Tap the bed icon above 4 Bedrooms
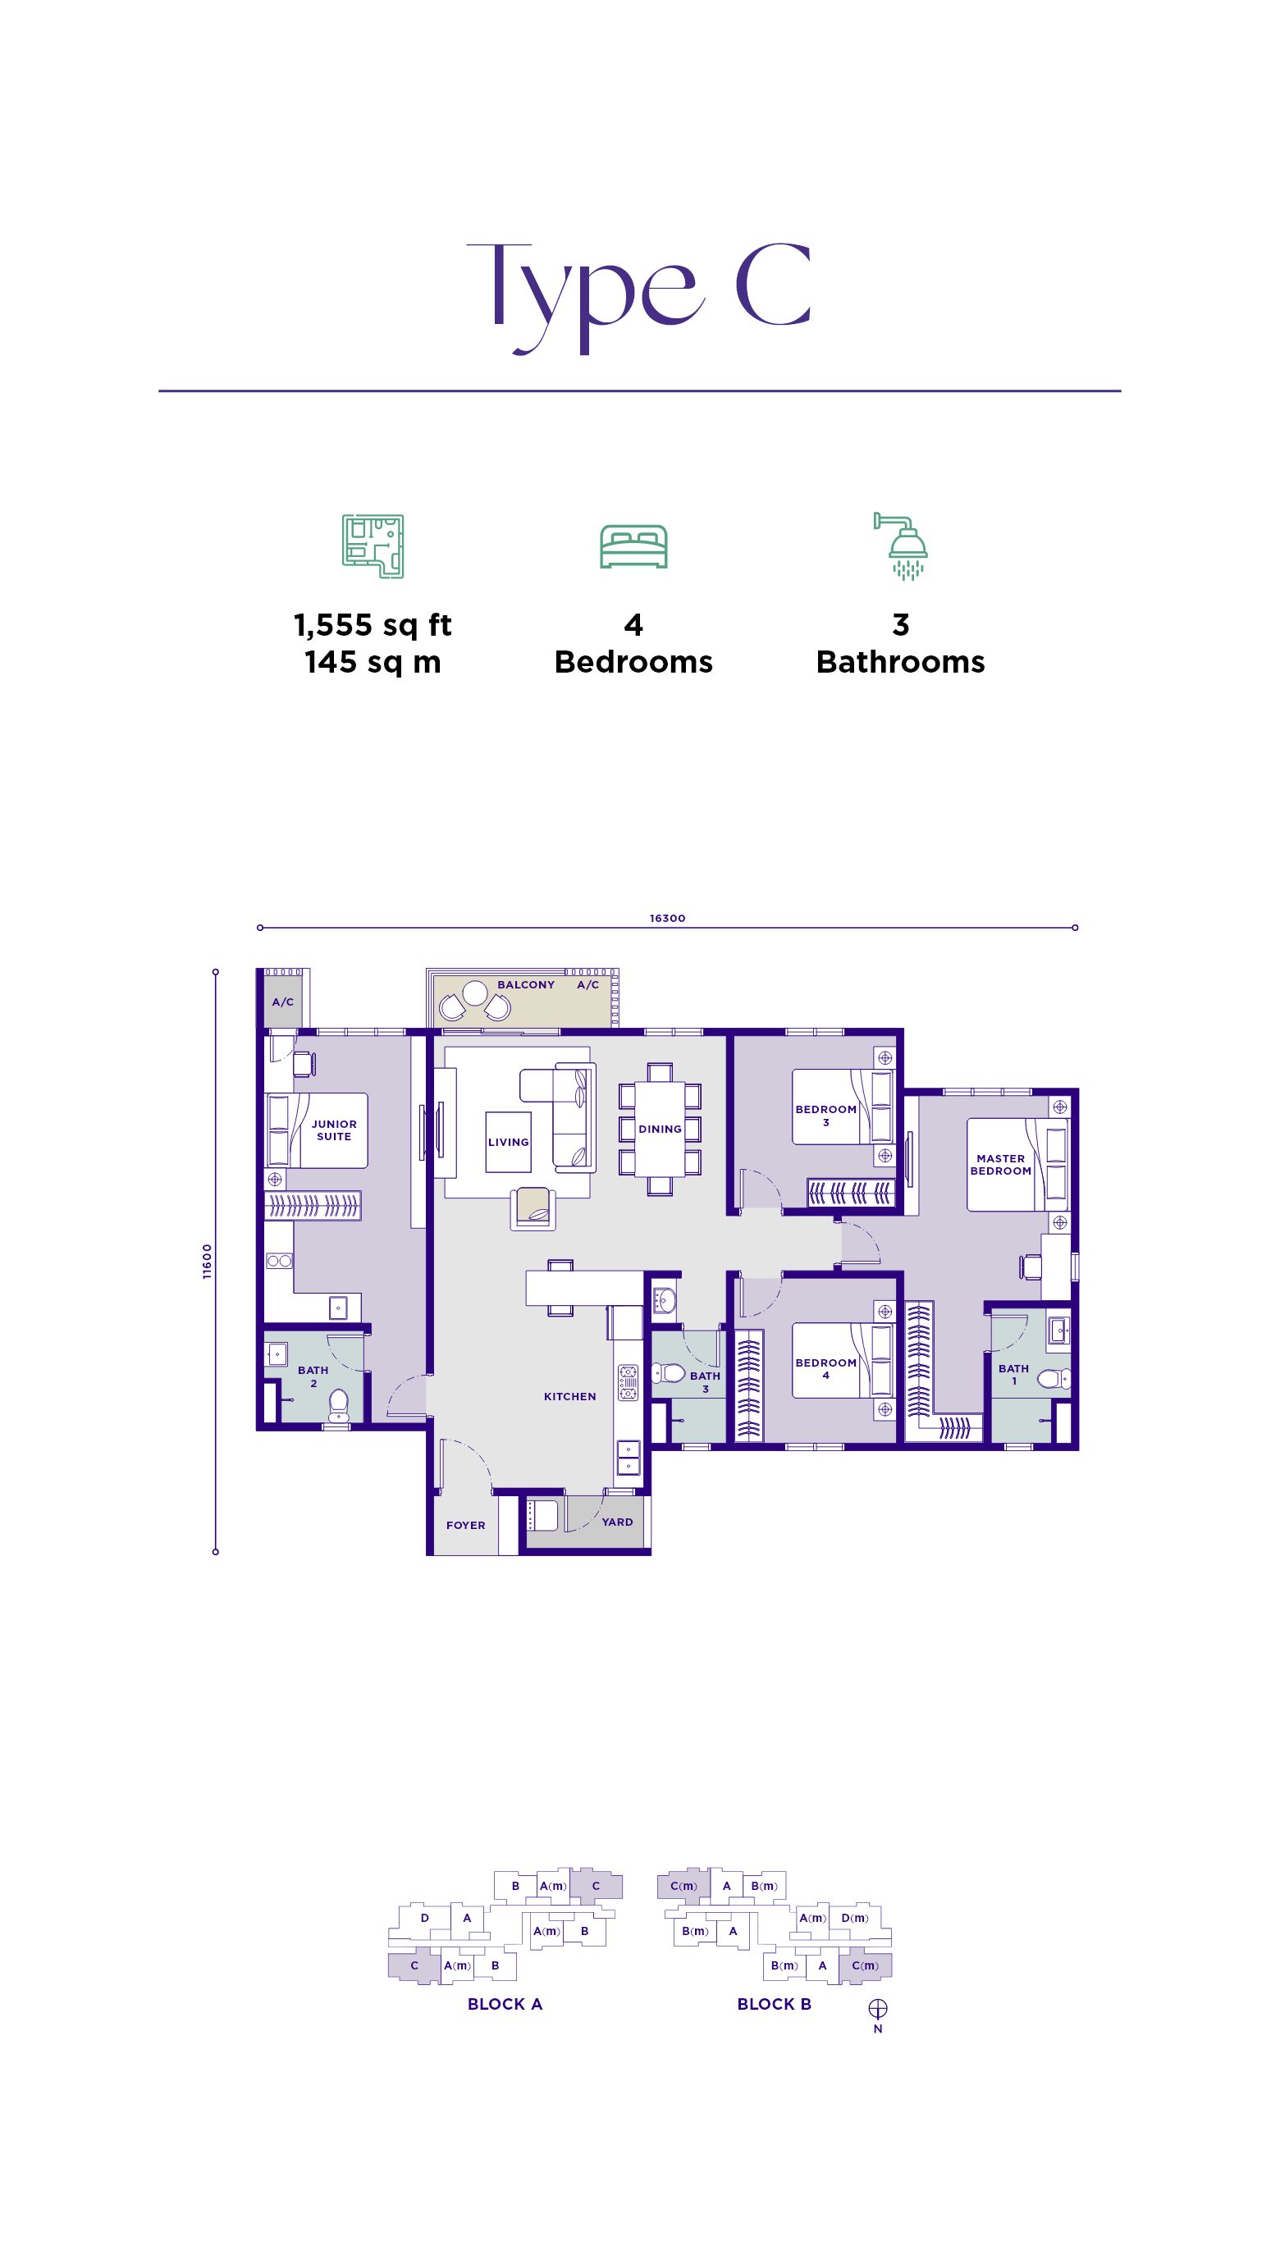click(x=633, y=546)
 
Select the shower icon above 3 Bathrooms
click(x=901, y=546)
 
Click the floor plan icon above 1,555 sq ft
click(x=373, y=546)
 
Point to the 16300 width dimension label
click(x=667, y=919)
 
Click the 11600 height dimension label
click(x=208, y=1262)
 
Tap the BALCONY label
click(x=526, y=984)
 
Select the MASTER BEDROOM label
click(x=1000, y=1165)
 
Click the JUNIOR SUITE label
click(x=334, y=1130)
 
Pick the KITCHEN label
click(x=569, y=1396)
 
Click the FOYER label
click(x=466, y=1525)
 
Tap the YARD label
click(x=617, y=1522)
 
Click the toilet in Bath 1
click(x=1054, y=1378)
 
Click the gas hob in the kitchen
click(x=628, y=1381)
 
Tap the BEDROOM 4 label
click(x=825, y=1369)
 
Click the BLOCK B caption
click(x=774, y=2004)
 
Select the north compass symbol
click(x=877, y=2008)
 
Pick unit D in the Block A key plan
click(x=425, y=1918)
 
